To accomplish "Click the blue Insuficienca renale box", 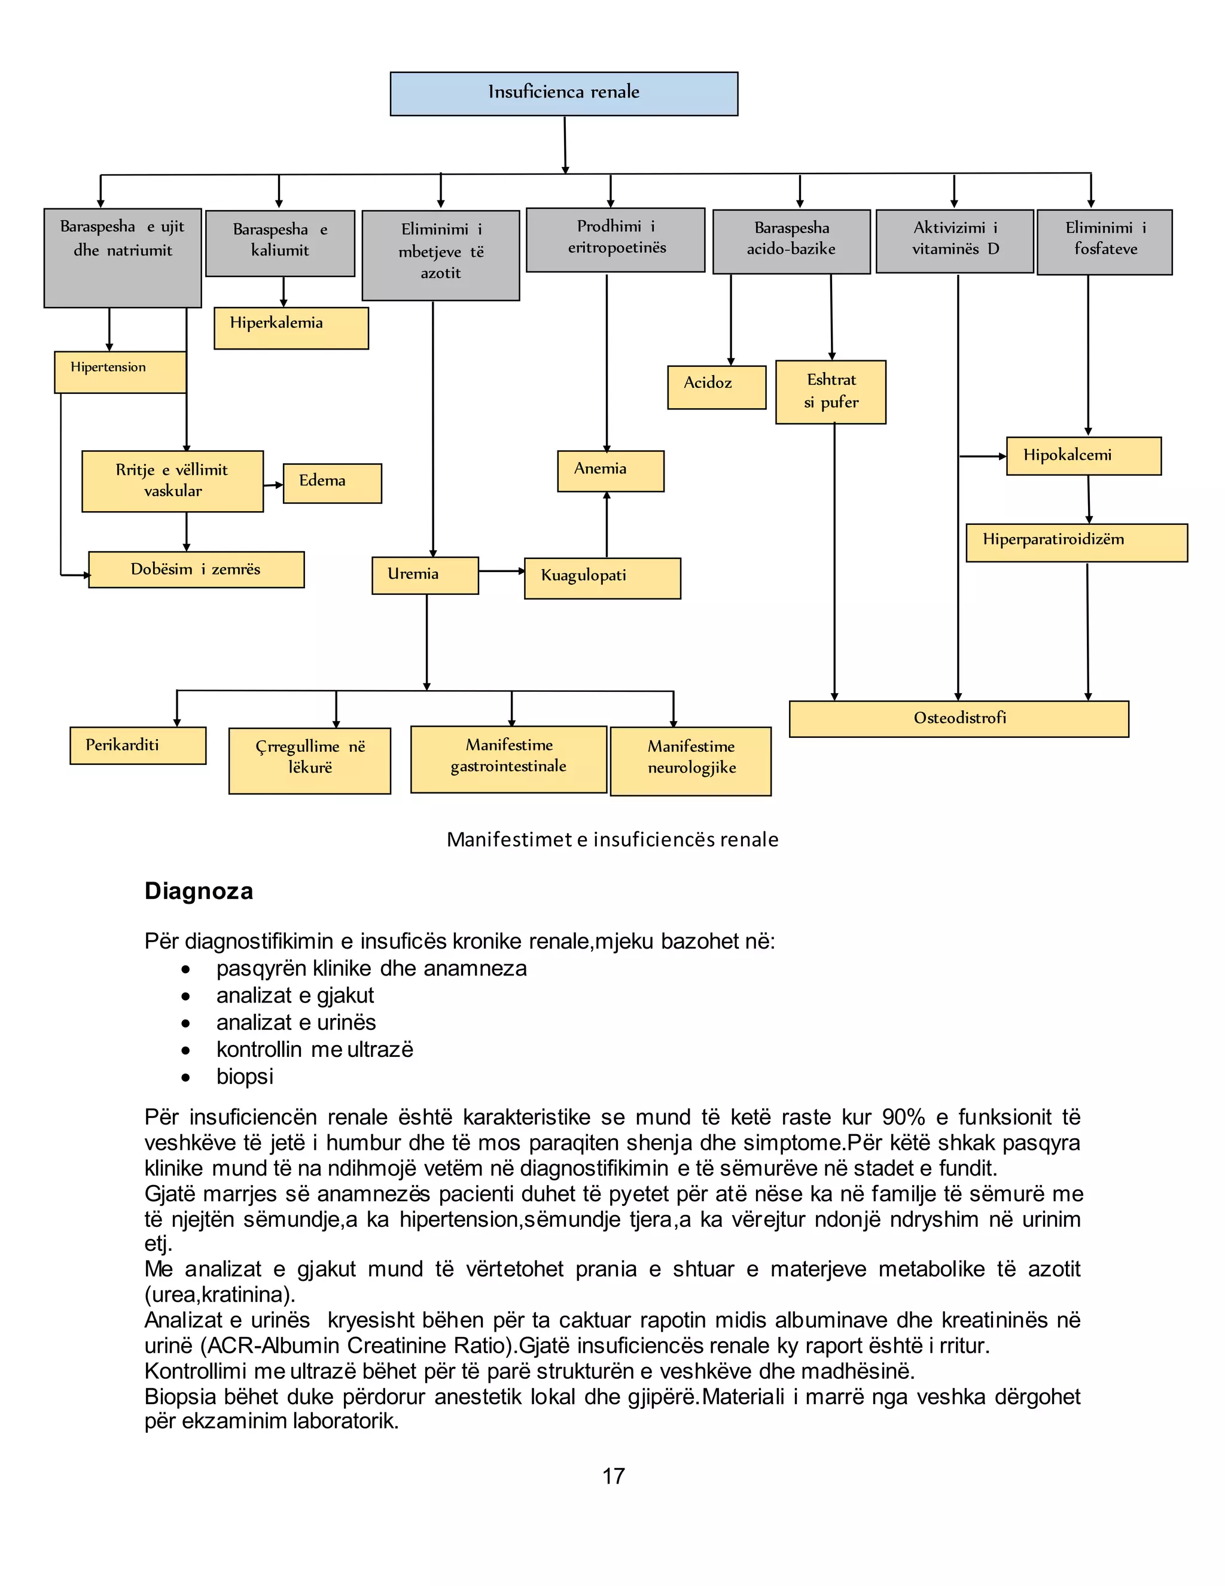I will pyautogui.click(x=564, y=94).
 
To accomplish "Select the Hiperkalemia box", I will pyautogui.click(x=291, y=328).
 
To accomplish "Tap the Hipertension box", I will pyautogui.click(x=120, y=372).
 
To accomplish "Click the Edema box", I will pyautogui.click(x=333, y=484).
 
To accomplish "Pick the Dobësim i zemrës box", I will pyautogui.click(x=196, y=570).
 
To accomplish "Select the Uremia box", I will pyautogui.click(x=425, y=576).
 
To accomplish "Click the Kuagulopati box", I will pyautogui.click(x=602, y=579).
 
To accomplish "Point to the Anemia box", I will pyautogui.click(x=610, y=471).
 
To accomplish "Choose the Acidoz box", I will pyautogui.click(x=716, y=387).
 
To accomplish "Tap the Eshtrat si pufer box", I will pyautogui.click(x=830, y=392).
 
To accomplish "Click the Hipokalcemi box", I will pyautogui.click(x=1083, y=456).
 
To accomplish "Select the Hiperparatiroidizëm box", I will pyautogui.click(x=1076, y=542).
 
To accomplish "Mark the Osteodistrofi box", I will pyautogui.click(x=959, y=719).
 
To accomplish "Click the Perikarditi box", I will pyautogui.click(x=138, y=746).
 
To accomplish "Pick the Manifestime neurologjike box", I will pyautogui.click(x=691, y=761).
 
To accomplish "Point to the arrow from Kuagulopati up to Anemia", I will pyautogui.click(x=607, y=524).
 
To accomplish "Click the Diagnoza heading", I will pyautogui.click(x=199, y=891).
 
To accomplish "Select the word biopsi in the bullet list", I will pyautogui.click(x=245, y=1076).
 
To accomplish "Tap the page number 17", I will pyautogui.click(x=613, y=1476).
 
